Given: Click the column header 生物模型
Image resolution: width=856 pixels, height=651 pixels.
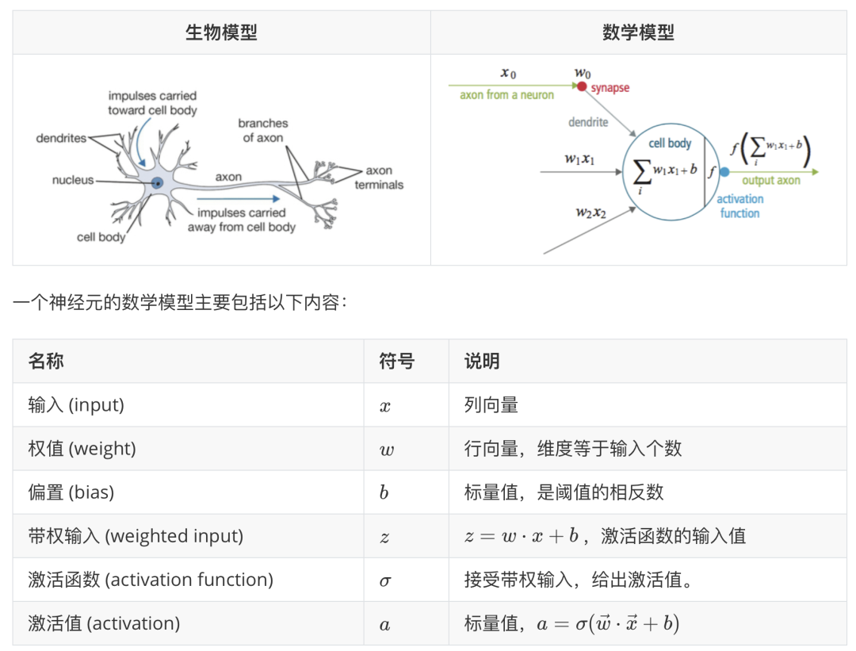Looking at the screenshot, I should [221, 33].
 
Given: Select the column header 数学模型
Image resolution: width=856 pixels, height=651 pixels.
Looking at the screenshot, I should [638, 33].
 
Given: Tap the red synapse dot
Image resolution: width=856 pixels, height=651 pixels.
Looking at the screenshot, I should [582, 87].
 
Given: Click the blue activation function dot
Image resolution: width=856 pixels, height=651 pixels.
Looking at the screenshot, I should [724, 172].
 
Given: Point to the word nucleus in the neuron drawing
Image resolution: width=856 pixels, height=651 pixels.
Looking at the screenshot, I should [73, 180].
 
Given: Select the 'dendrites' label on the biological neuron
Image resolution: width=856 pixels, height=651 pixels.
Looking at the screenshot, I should [61, 138].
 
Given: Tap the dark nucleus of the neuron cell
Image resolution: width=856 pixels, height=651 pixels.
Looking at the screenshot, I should [158, 182].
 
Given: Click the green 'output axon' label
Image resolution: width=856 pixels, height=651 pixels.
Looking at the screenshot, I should [770, 181].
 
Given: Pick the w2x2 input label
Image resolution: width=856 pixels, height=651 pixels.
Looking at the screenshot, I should [590, 213].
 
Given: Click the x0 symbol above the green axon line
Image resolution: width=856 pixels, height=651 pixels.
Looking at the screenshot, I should [508, 74].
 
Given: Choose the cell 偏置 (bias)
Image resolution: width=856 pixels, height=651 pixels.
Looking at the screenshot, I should [71, 492].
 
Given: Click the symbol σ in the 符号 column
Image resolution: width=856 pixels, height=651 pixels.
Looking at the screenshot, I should [385, 580].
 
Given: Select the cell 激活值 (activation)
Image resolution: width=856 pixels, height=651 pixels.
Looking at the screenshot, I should [104, 623].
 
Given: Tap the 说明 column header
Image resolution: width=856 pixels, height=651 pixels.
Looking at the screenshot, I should [482, 362].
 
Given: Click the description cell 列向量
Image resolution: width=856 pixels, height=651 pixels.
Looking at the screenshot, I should [491, 405].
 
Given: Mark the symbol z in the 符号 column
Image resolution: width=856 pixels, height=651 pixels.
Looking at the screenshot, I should [384, 537].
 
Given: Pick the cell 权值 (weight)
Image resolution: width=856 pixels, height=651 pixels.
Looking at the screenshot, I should [82, 449].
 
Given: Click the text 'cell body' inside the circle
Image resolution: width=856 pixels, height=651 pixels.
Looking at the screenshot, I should [670, 144].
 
